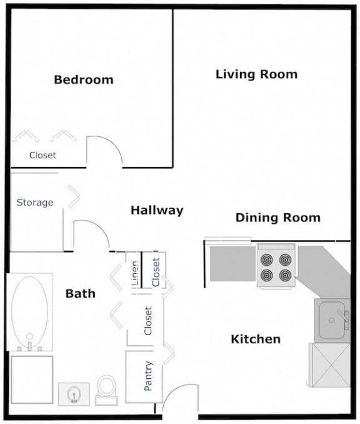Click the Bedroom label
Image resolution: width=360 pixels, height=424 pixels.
pyautogui.click(x=83, y=79)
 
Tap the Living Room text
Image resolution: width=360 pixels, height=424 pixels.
pyautogui.click(x=256, y=74)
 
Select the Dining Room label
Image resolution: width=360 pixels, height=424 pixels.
pyautogui.click(x=277, y=218)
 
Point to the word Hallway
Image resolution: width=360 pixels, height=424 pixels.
pyautogui.click(x=157, y=210)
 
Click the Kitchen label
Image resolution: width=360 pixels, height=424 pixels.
pyautogui.click(x=256, y=339)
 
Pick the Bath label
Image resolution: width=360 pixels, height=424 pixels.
pyautogui.click(x=81, y=293)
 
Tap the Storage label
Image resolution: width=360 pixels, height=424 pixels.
pyautogui.click(x=35, y=203)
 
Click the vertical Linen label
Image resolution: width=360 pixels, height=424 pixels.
pyautogui.click(x=135, y=276)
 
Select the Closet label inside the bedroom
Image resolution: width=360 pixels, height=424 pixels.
pyautogui.click(x=42, y=155)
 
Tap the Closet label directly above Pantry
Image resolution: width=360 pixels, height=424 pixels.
pyautogui.click(x=148, y=320)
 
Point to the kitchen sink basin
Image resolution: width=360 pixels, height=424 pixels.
pyautogui.click(x=331, y=319)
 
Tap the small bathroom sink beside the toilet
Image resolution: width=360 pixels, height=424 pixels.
pyautogui.click(x=74, y=393)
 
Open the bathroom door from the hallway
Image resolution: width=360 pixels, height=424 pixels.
pyautogui.click(x=91, y=235)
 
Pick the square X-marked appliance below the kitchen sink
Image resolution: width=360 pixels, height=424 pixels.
pyautogui.click(x=330, y=365)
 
